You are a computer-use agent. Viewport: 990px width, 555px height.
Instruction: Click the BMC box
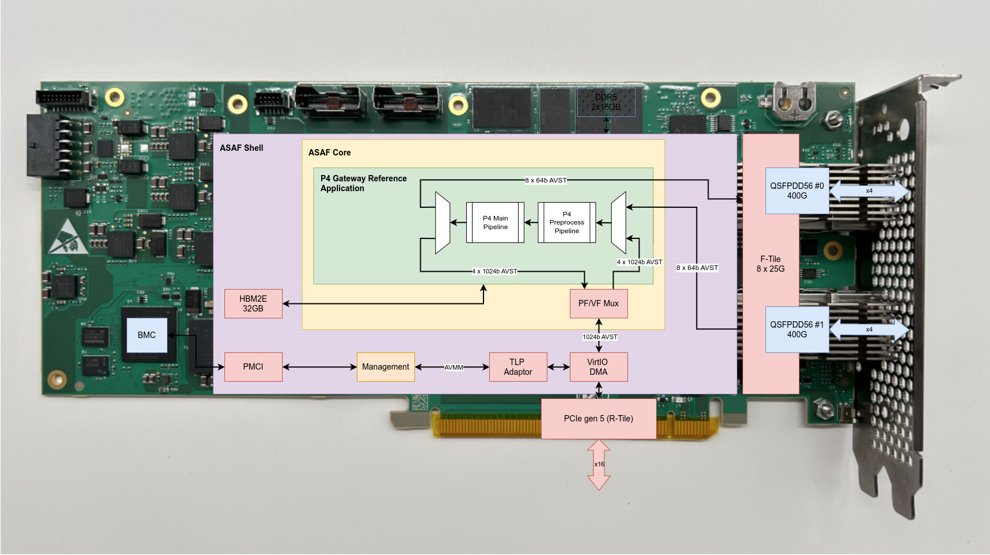(147, 335)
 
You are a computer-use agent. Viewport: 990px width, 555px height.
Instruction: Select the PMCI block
(253, 367)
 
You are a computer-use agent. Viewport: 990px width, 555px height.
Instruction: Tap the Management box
(386, 367)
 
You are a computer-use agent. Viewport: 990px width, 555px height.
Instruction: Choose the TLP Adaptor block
(518, 367)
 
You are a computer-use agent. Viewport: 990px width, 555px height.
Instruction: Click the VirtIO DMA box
(599, 367)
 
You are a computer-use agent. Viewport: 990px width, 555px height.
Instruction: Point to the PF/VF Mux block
(599, 303)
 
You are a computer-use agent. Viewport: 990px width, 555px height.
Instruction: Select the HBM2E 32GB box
(253, 303)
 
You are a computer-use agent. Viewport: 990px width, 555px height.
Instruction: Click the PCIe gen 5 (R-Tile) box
(599, 419)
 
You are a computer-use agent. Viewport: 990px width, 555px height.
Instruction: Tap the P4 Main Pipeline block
(495, 222)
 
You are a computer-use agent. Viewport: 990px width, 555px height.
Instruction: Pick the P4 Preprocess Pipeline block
(567, 222)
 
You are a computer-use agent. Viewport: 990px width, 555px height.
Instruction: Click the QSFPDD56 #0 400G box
(797, 191)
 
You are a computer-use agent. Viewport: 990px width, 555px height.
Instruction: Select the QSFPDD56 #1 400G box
(797, 329)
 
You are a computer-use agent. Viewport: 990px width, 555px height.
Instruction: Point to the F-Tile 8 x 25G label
(771, 264)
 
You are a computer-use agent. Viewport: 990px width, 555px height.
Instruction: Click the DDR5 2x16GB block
(606, 102)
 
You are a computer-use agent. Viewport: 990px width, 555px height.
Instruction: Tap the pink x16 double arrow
(599, 465)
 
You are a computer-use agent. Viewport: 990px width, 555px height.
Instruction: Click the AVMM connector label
(454, 367)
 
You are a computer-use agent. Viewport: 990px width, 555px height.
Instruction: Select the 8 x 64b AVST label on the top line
(546, 180)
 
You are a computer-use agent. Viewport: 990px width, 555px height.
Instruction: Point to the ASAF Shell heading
(241, 148)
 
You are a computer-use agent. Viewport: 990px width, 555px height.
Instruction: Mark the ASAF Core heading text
(329, 153)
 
